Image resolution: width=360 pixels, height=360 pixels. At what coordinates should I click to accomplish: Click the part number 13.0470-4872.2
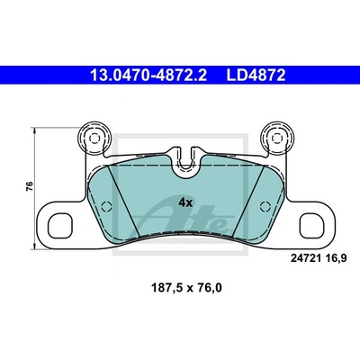pos(148,76)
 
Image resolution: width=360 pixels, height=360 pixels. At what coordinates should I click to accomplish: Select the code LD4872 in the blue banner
pos(256,76)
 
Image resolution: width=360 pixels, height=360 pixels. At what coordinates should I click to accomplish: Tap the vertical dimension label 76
pos(30,186)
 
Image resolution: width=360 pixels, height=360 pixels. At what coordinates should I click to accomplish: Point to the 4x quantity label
pos(185,203)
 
